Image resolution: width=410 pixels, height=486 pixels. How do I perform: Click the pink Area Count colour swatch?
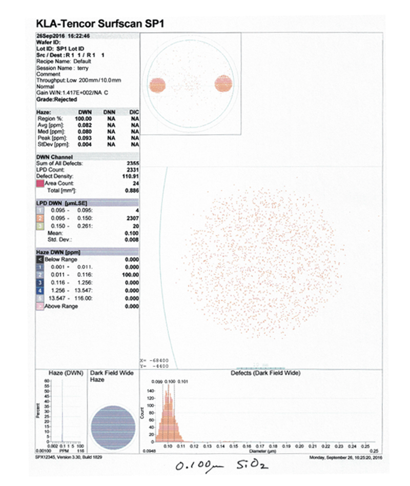coord(39,183)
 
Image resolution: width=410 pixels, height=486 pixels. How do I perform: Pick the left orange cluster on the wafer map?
coord(157,84)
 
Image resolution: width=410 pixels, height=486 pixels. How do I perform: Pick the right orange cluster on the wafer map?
coord(224,83)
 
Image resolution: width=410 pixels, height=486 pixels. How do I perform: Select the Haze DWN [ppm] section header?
coord(59,252)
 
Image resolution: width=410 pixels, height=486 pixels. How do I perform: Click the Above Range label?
coord(61,306)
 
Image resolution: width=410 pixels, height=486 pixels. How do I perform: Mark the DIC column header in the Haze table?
coord(135,112)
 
